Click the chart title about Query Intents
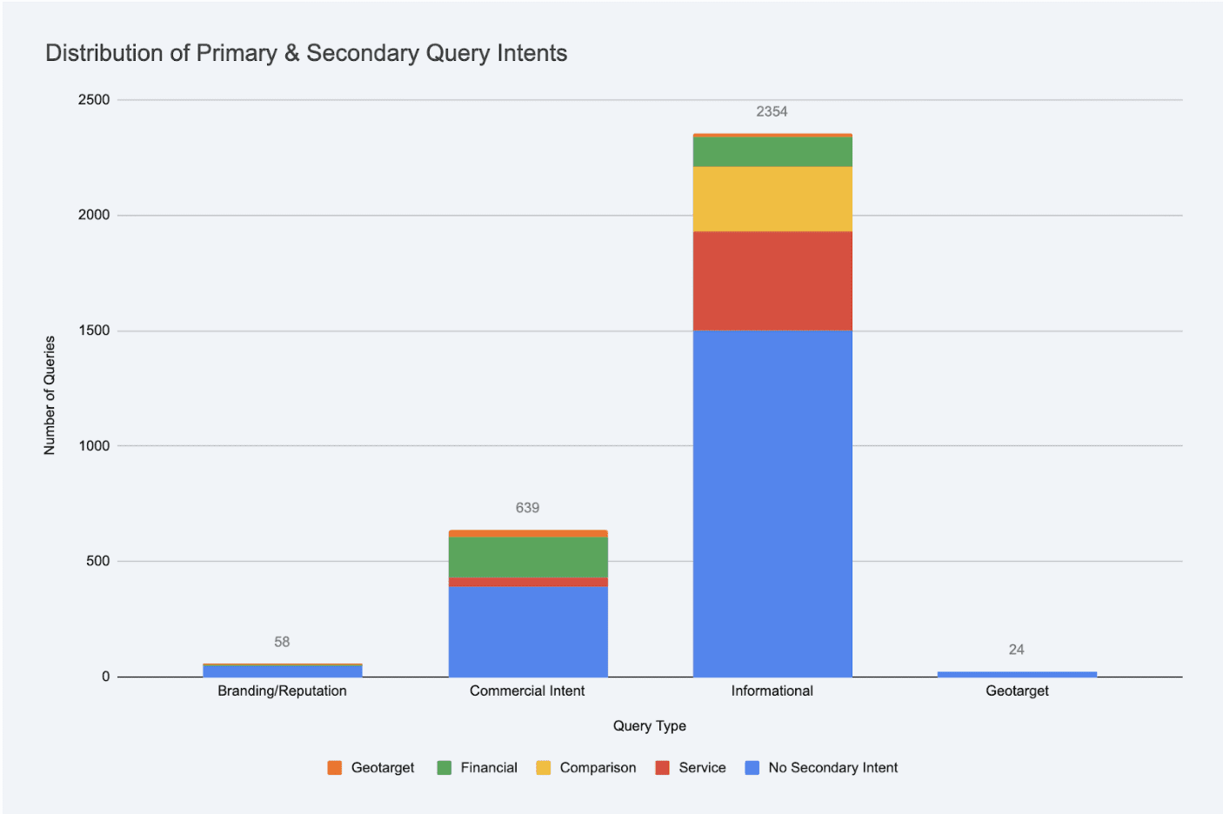point(306,53)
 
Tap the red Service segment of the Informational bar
point(772,280)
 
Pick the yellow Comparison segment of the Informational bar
point(772,198)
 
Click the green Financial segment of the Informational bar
point(772,151)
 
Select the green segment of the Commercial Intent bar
point(528,557)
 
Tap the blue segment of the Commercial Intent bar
point(528,631)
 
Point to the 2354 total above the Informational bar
point(772,111)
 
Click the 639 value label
point(527,508)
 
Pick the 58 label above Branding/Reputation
point(282,642)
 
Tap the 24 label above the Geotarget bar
point(1016,650)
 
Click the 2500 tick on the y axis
point(94,100)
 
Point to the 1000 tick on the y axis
point(94,446)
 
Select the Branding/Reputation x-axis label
point(282,691)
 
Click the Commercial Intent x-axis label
point(527,691)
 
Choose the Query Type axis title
point(649,725)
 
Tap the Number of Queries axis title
point(50,395)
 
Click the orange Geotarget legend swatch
point(335,768)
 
